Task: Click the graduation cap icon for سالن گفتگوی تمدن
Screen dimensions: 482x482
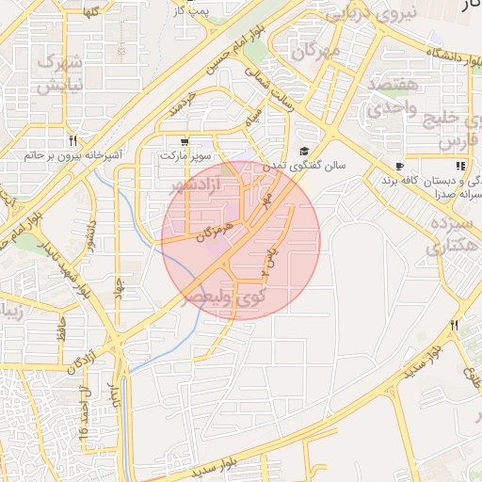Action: pyautogui.click(x=304, y=151)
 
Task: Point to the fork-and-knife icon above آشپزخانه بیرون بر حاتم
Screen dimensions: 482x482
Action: pyautogui.click(x=72, y=140)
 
